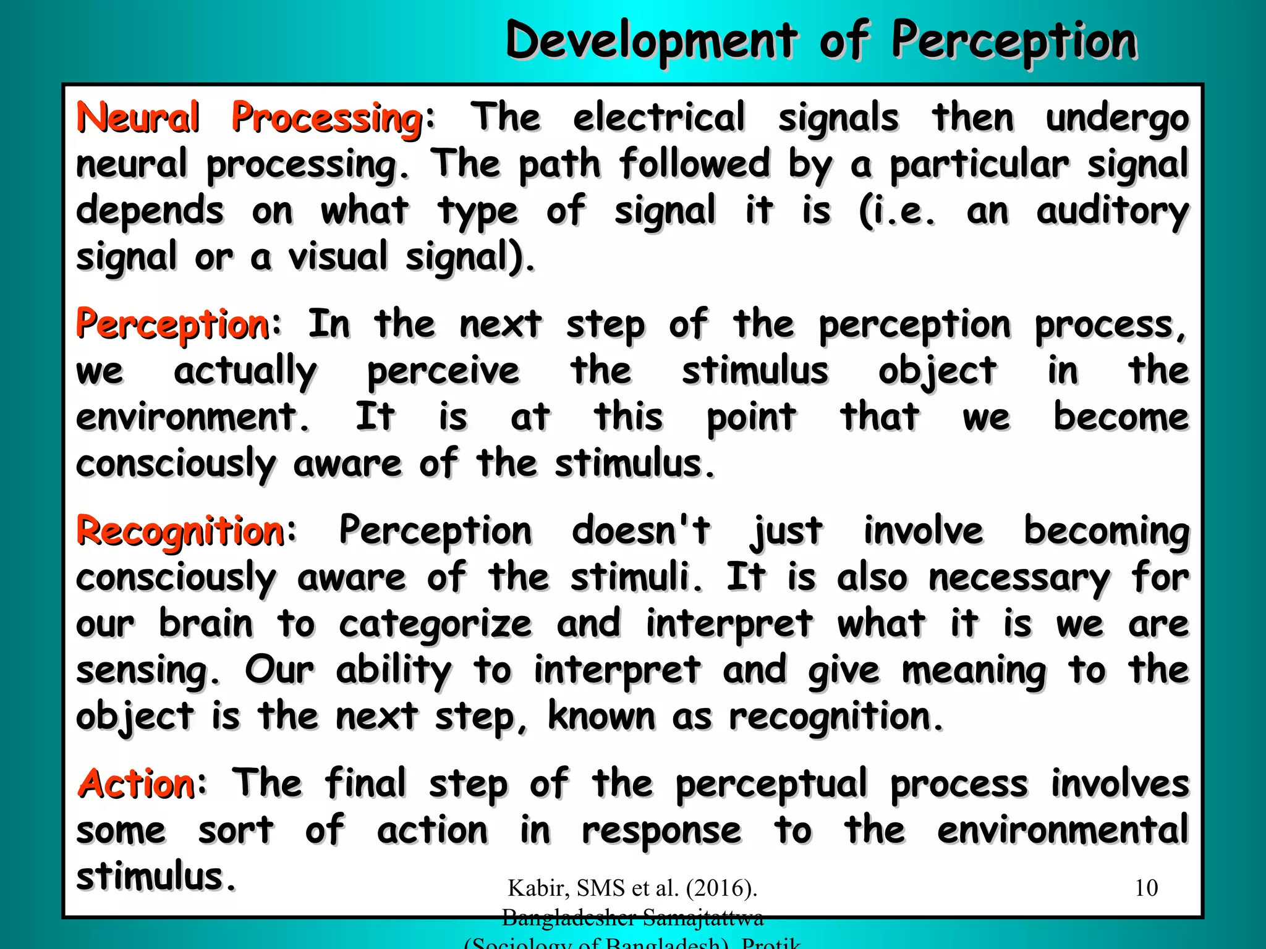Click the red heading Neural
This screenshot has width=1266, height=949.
point(138,117)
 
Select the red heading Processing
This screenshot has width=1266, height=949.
point(327,117)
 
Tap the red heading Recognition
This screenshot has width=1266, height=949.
point(180,531)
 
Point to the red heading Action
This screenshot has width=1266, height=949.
point(137,783)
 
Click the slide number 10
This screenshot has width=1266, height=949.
point(1146,888)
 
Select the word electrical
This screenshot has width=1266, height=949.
point(659,117)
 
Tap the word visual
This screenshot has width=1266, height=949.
point(338,257)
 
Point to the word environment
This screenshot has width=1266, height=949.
point(192,417)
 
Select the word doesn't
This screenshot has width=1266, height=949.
point(641,531)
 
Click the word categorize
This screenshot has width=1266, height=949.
point(435,624)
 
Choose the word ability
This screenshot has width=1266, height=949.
point(394,670)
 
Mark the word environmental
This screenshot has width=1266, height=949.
point(1063,830)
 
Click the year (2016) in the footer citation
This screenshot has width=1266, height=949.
point(721,888)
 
